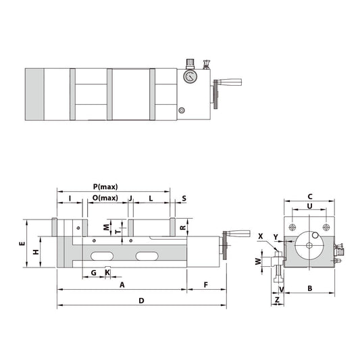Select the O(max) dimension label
click(105, 198)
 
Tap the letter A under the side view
click(122, 285)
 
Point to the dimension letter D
click(141, 299)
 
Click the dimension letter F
click(205, 285)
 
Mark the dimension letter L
click(150, 198)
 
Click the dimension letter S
click(184, 198)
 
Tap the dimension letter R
click(184, 228)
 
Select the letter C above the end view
click(309, 192)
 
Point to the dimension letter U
click(309, 205)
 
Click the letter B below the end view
click(309, 288)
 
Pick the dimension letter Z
click(277, 299)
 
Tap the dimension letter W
click(257, 260)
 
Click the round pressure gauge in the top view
click(190, 76)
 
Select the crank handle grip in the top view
click(230, 84)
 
